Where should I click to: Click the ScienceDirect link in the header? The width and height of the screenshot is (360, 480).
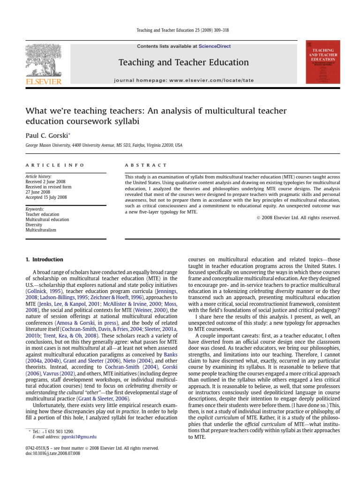coord(214,46)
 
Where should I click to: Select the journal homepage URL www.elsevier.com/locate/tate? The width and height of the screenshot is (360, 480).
coord(211,81)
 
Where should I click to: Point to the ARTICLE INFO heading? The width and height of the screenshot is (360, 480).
coord(55,165)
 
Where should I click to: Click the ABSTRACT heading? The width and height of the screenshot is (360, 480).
coord(146,165)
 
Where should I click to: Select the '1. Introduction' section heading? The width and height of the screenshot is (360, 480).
coord(44,259)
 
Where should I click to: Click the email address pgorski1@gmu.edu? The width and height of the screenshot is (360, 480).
coord(75,436)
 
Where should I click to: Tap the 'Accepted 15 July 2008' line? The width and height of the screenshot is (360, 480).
coord(46,197)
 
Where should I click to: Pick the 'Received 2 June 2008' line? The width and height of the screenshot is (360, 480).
coord(46,181)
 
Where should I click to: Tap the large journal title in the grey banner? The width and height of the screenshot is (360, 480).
coord(183,62)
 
